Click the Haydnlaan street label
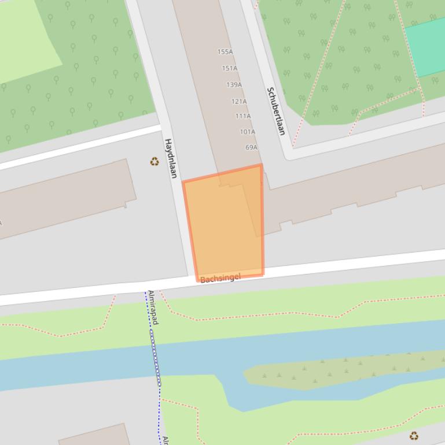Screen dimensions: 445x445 pos(171,158)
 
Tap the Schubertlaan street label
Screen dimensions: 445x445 pos(276,111)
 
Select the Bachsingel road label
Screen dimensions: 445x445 pos(220,279)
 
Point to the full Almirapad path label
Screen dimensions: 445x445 pos(153,307)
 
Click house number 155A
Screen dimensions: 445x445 pos(225,52)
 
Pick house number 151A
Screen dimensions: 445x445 pos(230,68)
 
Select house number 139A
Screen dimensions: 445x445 pos(234,85)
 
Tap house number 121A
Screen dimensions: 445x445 pos(239,101)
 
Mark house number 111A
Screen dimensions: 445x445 pos(243,116)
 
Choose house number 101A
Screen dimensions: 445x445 pos(247,132)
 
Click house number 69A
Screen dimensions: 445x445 pos(251,147)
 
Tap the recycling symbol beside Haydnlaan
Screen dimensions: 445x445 pos(155,162)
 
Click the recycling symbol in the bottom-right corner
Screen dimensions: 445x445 pos(414,436)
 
